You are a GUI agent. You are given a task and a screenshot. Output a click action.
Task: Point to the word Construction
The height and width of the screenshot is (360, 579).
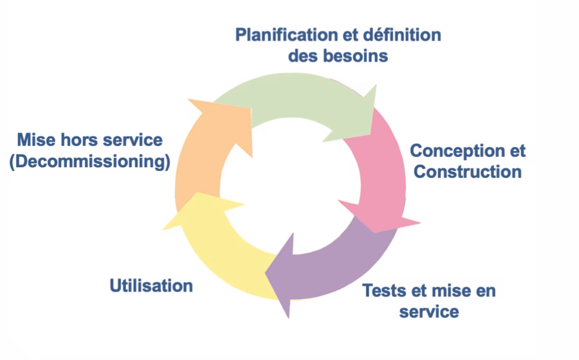[x=467, y=172]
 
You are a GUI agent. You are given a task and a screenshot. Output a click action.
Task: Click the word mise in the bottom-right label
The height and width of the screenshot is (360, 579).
[x=447, y=290]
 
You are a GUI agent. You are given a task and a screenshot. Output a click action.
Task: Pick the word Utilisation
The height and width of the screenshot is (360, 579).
[x=151, y=285]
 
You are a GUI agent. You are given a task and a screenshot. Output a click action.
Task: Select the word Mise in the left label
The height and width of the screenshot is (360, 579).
[x=38, y=140]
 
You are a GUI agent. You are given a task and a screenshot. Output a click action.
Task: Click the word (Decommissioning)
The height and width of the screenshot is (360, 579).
[x=89, y=161]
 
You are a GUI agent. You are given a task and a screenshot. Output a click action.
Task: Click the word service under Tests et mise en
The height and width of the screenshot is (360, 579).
[x=429, y=312]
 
